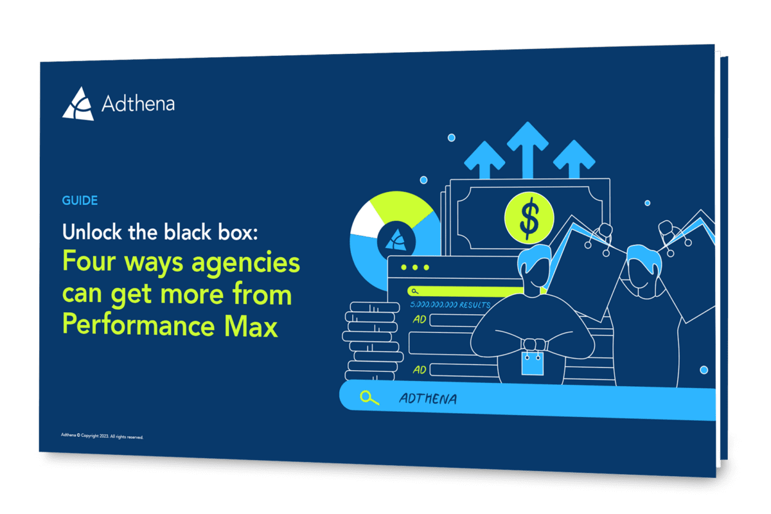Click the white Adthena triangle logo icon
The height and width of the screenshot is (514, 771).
coord(78,104)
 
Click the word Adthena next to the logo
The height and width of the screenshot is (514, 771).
coord(138,103)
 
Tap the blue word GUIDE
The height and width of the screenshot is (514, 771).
coord(80,200)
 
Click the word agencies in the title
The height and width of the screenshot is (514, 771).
coord(245,263)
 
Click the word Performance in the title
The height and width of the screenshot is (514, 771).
coord(138,324)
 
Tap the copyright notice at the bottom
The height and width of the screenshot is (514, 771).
coord(102,436)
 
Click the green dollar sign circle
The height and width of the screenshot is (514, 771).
coord(529,218)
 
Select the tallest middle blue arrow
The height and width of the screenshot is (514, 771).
coord(527,150)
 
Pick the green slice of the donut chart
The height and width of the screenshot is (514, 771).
coord(403,208)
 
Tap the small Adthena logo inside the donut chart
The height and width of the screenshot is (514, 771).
coord(396,240)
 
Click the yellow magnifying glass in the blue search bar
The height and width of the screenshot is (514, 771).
coord(369,398)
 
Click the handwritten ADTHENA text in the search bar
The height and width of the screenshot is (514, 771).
coord(428,398)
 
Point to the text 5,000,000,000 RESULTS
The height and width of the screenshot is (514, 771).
coord(450,305)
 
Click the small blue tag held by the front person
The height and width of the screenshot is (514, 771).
coord(533,364)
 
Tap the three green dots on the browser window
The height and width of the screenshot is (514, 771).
coord(415,267)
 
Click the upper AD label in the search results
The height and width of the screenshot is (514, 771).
coord(420,319)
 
